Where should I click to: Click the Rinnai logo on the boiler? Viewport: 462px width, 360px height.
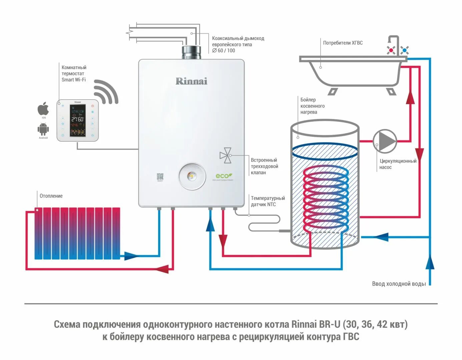click(191, 81)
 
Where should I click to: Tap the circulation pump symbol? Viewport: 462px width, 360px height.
click(385, 141)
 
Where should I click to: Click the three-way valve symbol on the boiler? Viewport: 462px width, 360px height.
click(225, 155)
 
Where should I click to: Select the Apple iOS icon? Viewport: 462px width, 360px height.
click(43, 109)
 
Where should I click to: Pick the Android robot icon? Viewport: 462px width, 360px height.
click(43, 129)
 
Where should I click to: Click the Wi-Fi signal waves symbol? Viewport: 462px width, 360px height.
click(105, 92)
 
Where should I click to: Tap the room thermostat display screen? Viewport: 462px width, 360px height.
click(77, 120)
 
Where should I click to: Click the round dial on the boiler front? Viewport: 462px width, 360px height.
click(192, 176)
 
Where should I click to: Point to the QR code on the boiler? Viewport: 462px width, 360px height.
click(160, 177)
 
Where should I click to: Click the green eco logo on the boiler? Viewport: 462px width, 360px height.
click(223, 176)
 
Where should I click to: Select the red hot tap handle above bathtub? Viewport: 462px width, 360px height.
click(391, 50)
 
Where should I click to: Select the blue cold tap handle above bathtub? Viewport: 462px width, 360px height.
click(404, 50)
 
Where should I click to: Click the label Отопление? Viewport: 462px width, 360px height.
click(51, 196)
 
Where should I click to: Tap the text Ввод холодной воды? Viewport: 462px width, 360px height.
click(399, 284)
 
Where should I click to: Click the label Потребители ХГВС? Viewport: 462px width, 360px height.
click(343, 43)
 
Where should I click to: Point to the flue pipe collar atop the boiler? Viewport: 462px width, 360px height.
click(191, 52)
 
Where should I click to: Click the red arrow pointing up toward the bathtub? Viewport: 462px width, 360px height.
click(410, 97)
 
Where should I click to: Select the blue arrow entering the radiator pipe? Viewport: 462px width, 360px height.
click(131, 256)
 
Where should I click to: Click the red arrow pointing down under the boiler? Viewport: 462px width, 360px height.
click(223, 240)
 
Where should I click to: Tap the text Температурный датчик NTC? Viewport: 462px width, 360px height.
click(268, 201)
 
